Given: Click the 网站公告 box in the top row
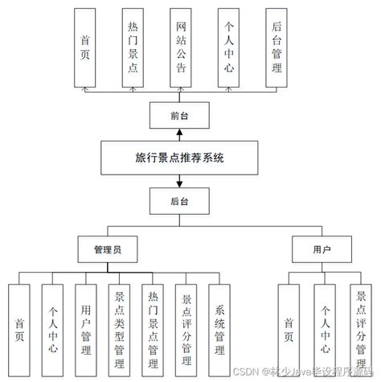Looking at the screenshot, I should tap(182, 47).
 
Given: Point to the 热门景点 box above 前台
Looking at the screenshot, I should tap(133, 47).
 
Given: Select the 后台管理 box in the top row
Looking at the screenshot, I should tap(277, 47).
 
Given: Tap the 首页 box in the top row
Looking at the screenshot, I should tap(85, 47).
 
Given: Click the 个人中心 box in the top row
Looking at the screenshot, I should tap(229, 47).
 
